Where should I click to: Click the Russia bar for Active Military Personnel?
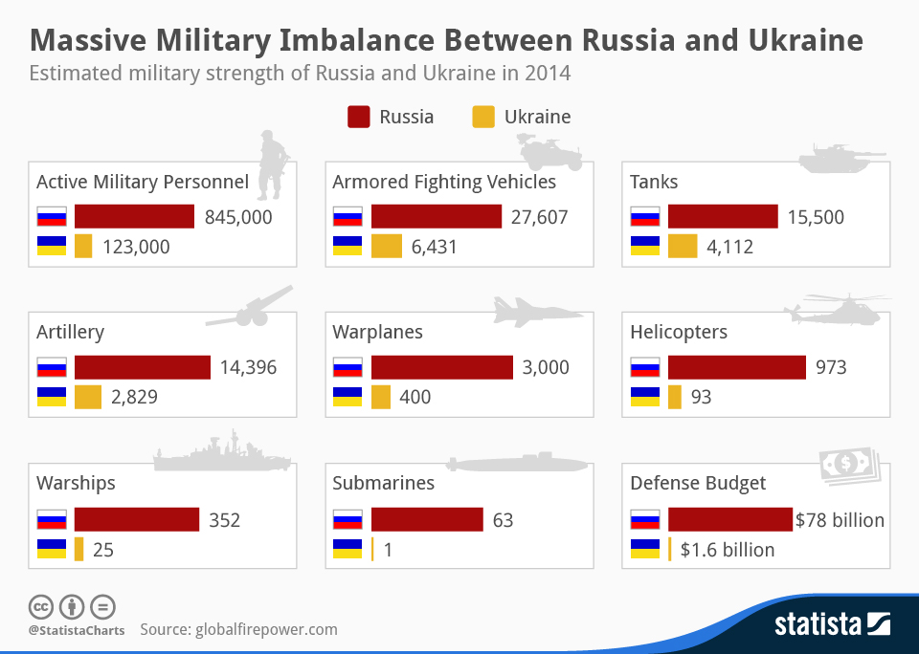coord(134,217)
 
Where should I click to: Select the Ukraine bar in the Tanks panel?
coord(683,247)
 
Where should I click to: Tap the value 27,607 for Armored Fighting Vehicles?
coord(539,217)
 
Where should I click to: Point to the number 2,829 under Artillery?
coord(134,397)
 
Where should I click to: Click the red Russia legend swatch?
coord(358,118)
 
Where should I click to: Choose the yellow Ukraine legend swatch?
coord(483,118)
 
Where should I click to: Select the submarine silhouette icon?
coord(517,463)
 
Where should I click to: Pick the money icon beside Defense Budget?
coord(847,466)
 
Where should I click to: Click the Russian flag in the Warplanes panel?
coord(347,367)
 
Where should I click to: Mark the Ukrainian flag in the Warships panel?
coord(51,549)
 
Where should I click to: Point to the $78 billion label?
coord(840,520)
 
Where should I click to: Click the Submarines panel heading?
coord(383,483)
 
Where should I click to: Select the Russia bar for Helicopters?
coord(736,367)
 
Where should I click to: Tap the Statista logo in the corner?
coord(832,625)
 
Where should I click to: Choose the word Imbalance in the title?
coord(331,41)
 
